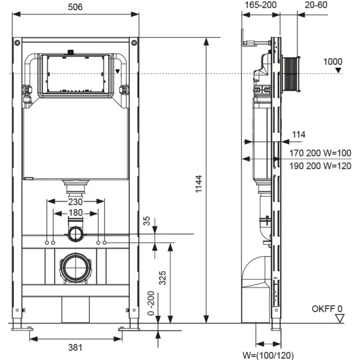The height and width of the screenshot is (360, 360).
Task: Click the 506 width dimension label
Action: pos(76,7)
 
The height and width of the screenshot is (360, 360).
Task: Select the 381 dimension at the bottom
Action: pos(76,347)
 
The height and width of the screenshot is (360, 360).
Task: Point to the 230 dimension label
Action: pos(76,203)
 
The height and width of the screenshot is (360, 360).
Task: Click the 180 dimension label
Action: pos(76,213)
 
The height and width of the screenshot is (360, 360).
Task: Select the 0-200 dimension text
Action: pos(151,305)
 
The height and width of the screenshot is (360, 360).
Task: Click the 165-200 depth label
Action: pos(260,7)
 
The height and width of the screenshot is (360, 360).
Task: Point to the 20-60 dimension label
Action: pos(316,7)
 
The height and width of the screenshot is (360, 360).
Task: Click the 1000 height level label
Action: pos(333,61)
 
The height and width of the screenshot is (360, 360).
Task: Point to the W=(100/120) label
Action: pos(268,355)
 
